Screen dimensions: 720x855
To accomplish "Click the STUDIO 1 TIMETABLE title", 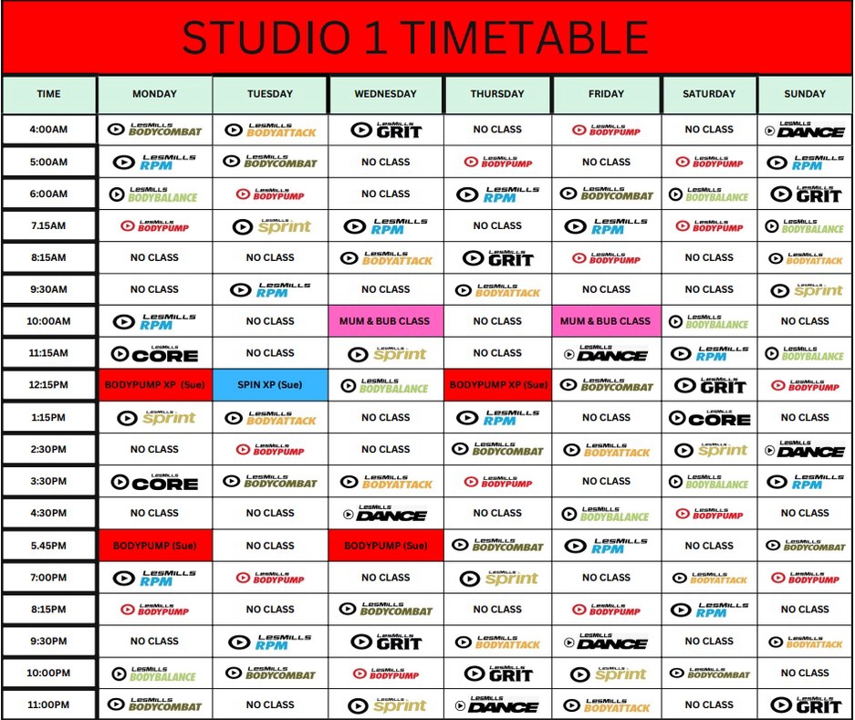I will (x=415, y=38).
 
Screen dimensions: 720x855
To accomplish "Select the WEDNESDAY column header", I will (x=386, y=94).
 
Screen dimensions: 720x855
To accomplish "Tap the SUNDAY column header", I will (x=805, y=94).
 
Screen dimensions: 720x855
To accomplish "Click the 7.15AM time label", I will (x=48, y=225).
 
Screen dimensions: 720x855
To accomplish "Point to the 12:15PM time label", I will (x=48, y=385).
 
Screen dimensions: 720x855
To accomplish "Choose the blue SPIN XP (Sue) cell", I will (x=270, y=385).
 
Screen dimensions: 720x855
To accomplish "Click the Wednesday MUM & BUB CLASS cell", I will (x=386, y=321).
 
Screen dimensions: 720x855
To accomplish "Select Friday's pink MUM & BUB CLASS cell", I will (x=606, y=321).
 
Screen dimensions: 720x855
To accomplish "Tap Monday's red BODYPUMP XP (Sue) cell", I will (x=155, y=385).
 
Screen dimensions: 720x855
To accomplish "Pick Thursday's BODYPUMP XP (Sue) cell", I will (x=498, y=385).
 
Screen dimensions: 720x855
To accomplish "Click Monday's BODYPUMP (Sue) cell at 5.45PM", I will (x=155, y=546).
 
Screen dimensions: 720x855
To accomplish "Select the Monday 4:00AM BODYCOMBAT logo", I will (x=155, y=130).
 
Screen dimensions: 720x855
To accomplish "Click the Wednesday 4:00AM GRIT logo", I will (x=386, y=130).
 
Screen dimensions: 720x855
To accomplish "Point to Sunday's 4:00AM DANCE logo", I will (x=805, y=130).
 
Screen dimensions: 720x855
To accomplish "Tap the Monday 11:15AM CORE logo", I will (x=155, y=353).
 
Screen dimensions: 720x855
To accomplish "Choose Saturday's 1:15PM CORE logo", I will (x=709, y=418).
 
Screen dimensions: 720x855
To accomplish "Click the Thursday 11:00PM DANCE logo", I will (x=498, y=704).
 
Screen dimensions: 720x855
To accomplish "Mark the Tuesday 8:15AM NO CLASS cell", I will (x=270, y=257).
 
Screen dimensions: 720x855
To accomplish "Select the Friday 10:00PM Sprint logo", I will (x=606, y=673).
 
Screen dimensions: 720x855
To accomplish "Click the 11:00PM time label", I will (x=48, y=704).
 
